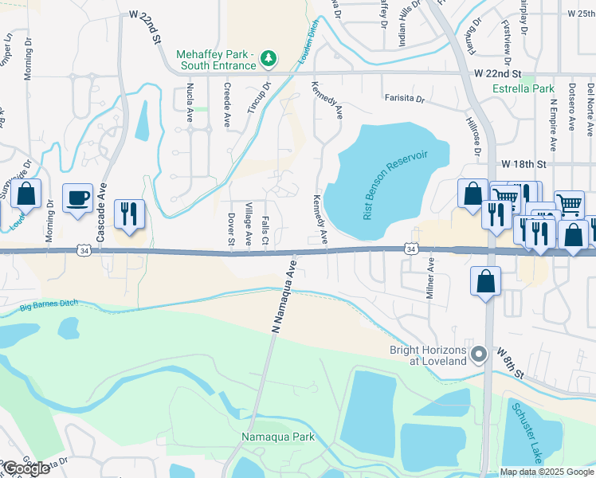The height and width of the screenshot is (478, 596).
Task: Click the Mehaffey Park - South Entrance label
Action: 215,59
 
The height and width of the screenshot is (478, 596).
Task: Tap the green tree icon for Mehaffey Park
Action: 270,58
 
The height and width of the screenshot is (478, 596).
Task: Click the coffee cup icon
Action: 77,198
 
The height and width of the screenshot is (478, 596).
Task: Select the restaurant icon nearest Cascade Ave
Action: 129,214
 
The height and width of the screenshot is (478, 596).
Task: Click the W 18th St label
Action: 527,163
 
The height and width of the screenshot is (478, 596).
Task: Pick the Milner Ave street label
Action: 430,278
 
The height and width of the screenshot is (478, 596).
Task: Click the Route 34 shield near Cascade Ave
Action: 84,250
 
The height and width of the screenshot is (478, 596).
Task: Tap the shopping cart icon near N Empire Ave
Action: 569,205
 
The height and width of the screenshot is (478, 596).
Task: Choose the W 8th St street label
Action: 511,363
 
